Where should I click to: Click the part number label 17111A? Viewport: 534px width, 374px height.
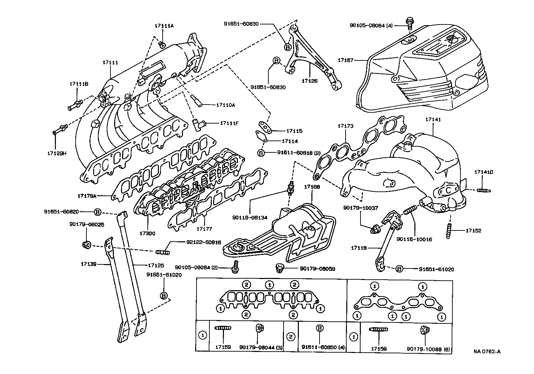pos(164,26)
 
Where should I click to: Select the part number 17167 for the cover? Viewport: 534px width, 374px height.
pos(345,60)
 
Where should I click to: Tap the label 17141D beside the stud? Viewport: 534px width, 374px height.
pos(484,172)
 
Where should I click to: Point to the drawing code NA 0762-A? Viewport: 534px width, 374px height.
pos(487,351)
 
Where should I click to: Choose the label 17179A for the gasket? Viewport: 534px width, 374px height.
pos(87,196)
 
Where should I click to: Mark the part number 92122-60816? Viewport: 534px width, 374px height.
pos(204,242)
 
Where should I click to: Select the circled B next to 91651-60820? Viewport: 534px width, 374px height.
pos(97,212)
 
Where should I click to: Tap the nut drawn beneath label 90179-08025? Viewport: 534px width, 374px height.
pos(86,244)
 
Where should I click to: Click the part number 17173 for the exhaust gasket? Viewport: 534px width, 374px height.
pos(345,126)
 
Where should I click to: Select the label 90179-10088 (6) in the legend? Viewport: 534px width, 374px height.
pos(428,349)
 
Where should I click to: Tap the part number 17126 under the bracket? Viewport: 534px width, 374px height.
pos(310,81)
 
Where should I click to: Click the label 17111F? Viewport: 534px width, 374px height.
pos(229,123)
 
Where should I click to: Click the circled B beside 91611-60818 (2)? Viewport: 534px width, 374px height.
pos(261,153)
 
